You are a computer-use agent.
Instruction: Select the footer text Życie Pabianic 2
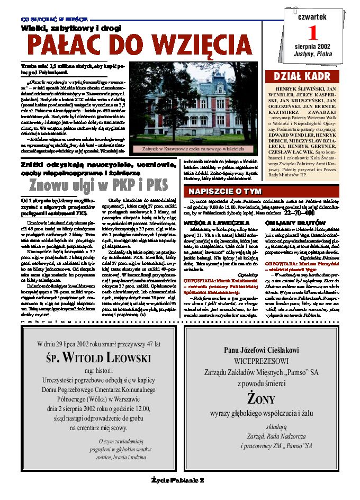[x=178, y=479]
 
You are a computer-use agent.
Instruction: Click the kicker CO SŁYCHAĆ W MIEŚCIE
[x=47, y=19]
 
